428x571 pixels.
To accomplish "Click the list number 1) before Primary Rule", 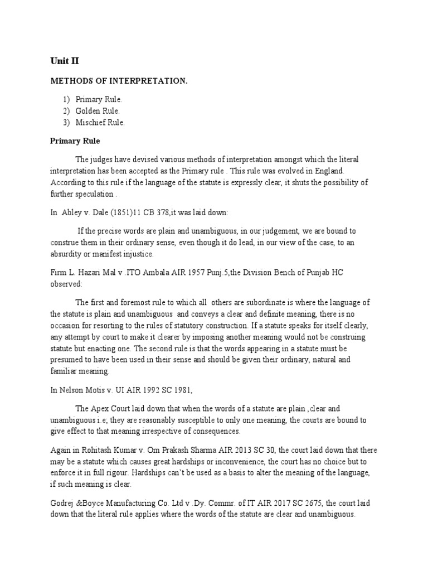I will pyautogui.click(x=66, y=99).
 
